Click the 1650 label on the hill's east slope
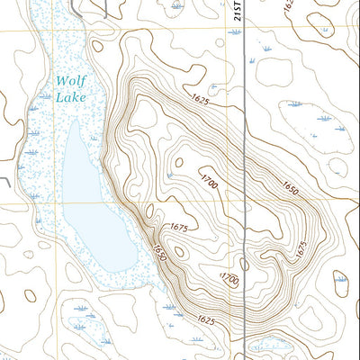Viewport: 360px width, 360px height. tap(289, 190)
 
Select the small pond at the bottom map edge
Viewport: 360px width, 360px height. tap(266, 346)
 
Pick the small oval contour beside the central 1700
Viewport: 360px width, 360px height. tap(178, 163)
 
